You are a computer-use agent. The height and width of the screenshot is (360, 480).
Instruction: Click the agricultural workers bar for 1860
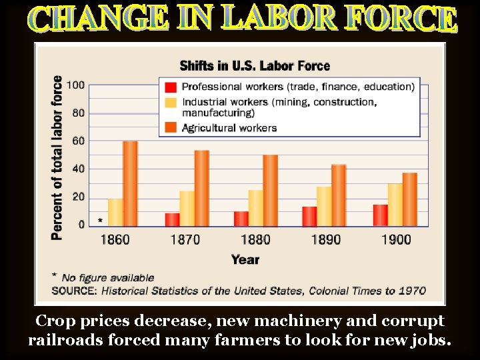point(130,183)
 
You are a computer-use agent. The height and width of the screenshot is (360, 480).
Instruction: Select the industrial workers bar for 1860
point(115,212)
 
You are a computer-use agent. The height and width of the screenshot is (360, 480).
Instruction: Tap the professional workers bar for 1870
point(172,219)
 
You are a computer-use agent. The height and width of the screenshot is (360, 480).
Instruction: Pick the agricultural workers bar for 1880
point(270,191)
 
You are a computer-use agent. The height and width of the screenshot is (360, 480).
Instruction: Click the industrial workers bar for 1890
point(324,206)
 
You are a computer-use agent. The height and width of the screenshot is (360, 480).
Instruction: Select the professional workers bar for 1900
point(380,215)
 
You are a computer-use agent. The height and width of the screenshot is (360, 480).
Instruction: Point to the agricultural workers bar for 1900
point(409,199)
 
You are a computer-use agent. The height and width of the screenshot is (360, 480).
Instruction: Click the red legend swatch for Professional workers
point(171,87)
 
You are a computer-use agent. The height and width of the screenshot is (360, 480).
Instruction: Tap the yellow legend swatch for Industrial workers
point(171,103)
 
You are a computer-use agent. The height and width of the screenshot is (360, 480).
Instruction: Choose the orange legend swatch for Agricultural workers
point(171,127)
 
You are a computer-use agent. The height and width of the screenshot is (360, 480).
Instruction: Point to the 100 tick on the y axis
point(75,85)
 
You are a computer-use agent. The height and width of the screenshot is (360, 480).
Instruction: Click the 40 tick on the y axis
point(78,169)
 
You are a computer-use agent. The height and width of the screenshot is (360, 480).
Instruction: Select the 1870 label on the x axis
point(185,239)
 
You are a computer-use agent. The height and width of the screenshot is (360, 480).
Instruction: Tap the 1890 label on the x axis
point(325,239)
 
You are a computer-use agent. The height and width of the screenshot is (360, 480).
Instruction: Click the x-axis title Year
point(245,259)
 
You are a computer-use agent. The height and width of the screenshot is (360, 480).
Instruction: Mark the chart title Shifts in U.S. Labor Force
point(255,65)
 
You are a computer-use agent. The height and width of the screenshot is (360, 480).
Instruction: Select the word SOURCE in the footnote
point(73,291)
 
